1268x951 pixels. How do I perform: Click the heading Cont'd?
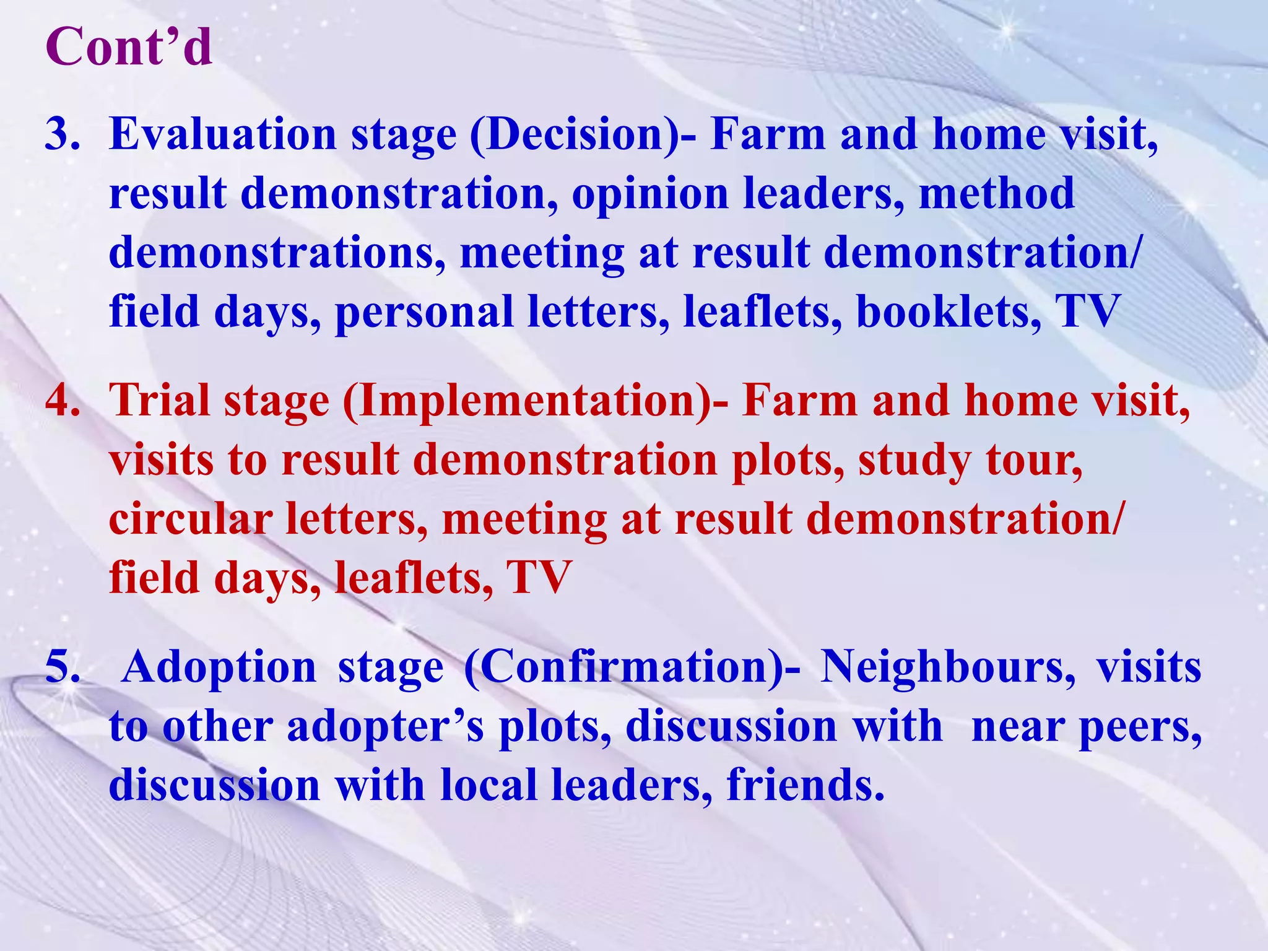coord(129,47)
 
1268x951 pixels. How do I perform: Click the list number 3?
coord(62,134)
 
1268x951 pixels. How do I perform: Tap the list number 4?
coord(62,401)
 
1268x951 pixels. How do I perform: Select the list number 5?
coord(62,667)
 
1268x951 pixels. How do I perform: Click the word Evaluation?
coord(222,134)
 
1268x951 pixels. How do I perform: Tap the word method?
coord(996,193)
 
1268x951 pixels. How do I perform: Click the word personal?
coord(424,312)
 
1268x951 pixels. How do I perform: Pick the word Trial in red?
coord(159,401)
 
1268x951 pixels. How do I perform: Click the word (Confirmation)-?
coord(632,667)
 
